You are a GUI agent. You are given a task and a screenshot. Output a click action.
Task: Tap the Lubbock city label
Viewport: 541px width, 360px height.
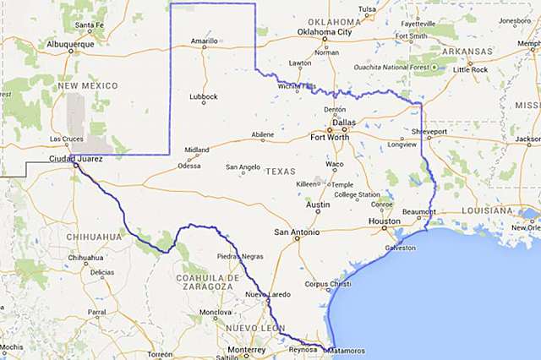(x=203, y=95)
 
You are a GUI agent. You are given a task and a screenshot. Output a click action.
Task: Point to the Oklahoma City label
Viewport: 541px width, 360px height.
(x=324, y=32)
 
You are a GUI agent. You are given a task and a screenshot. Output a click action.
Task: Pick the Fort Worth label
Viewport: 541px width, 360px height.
(x=330, y=136)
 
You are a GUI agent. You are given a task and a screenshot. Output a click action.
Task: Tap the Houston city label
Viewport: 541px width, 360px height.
(x=384, y=221)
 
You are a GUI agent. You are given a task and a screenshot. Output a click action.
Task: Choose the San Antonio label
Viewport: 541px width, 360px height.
(x=298, y=232)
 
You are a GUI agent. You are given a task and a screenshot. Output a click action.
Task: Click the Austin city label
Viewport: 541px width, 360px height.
(x=318, y=205)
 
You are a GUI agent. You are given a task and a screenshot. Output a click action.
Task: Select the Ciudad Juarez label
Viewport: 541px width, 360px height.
(x=74, y=158)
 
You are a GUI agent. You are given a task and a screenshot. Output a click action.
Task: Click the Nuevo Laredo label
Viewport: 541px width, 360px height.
(x=267, y=293)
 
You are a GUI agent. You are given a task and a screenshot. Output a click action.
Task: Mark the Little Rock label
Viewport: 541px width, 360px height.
(x=471, y=69)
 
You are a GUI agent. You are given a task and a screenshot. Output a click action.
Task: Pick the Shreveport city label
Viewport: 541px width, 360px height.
(x=429, y=133)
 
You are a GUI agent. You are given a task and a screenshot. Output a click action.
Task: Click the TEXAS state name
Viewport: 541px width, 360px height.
(x=281, y=171)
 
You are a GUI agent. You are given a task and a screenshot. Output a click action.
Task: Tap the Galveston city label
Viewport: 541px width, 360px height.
(x=400, y=248)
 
